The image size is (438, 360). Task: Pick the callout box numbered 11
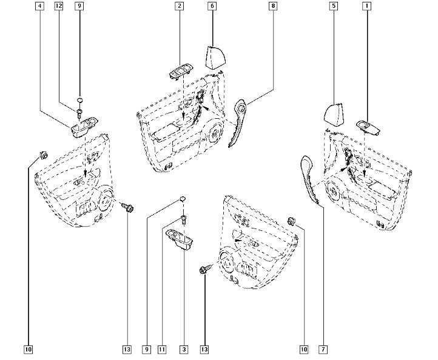pyautogui.click(x=162, y=350)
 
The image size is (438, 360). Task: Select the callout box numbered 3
pyautogui.click(x=183, y=350)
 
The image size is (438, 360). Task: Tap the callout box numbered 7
pyautogui.click(x=323, y=350)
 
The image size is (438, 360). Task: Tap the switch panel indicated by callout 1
pyautogui.click(x=369, y=127)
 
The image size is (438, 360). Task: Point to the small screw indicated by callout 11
pyautogui.click(x=183, y=219)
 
